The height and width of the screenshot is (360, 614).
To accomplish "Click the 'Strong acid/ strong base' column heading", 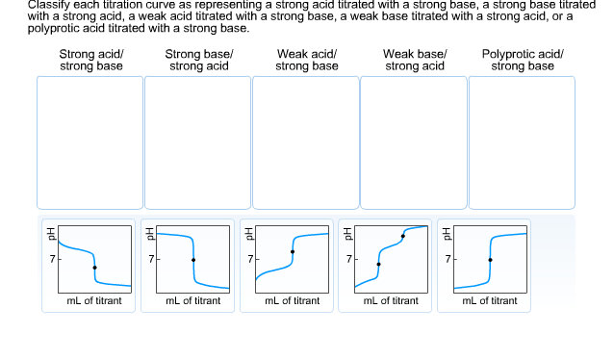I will pos(91,60).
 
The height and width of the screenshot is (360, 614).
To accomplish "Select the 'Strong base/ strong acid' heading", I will pos(199,60).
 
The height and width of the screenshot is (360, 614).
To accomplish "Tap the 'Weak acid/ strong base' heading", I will pos(307,60).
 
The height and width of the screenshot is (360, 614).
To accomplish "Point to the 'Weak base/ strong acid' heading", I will pos(415,60).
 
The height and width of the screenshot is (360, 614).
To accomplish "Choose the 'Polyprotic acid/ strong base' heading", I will pos(523,60).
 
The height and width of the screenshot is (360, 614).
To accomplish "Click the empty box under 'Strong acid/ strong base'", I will pos(90,142).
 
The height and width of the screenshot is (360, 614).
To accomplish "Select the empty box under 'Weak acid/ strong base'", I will pos(306,142).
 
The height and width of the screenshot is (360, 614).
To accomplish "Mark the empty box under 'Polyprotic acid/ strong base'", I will pos(522,142).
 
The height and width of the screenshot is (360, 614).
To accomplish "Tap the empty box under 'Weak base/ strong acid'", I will pos(414,142).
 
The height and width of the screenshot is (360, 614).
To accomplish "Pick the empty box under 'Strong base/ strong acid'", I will pos(198,142).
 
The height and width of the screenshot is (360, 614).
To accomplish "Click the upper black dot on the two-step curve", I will pos(402,236).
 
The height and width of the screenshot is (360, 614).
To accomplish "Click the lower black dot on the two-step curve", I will pos(378,264).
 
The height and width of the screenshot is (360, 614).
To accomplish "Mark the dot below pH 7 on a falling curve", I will pos(94,268).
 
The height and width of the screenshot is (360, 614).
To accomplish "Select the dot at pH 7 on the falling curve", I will pos(193,260).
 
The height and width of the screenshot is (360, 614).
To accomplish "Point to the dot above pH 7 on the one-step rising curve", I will pos(293,252).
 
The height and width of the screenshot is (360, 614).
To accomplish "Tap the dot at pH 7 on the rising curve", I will pos(490,260).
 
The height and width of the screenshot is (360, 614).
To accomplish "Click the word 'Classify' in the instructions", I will pos(49,5).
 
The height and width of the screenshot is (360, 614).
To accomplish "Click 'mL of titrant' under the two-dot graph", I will pos(391,301).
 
